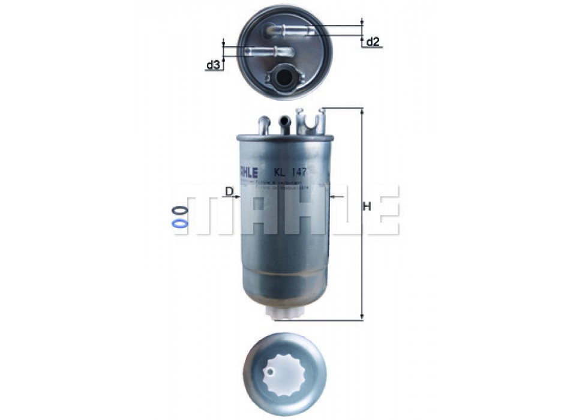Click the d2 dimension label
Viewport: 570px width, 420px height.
point(373,42)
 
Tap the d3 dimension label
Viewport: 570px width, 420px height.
point(212,65)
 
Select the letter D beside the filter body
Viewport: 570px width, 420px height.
point(229,191)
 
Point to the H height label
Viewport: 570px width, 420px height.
point(367,206)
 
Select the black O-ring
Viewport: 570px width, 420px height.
point(179,211)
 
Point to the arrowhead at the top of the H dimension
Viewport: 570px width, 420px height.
point(362,112)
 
